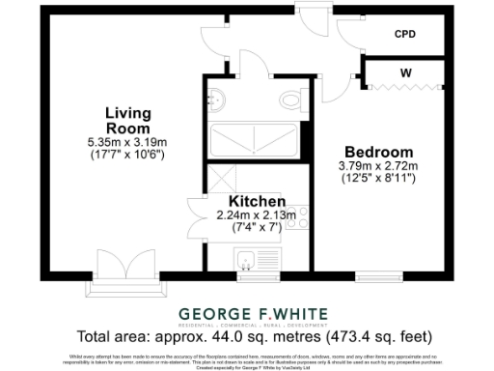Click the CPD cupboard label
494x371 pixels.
click(x=405, y=34)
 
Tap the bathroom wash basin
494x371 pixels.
click(x=216, y=97)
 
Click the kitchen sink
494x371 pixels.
click(x=247, y=258)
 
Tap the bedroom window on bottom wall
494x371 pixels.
click(x=374, y=275)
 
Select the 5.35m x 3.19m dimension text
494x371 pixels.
click(x=127, y=142)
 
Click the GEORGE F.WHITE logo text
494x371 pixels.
click(x=255, y=313)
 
